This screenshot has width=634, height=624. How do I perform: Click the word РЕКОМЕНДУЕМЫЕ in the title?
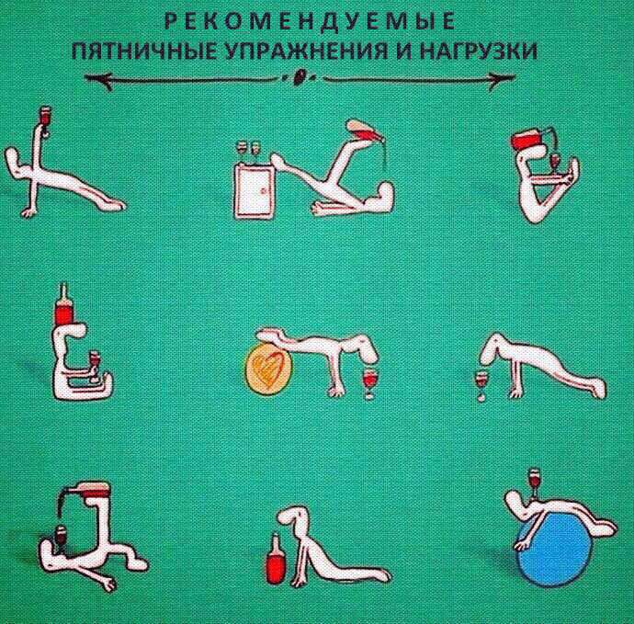click(x=311, y=21)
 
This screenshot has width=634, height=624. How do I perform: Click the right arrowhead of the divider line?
click(x=501, y=79)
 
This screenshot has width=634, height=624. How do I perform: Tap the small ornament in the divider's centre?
click(x=300, y=77)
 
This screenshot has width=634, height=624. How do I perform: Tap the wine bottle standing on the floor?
click(x=275, y=559)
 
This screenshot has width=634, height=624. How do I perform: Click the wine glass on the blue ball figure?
click(x=535, y=484)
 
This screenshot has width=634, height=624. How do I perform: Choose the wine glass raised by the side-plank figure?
click(x=45, y=120)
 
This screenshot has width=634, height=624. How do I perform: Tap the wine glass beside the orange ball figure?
click(x=368, y=383)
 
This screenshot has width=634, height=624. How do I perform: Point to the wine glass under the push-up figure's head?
click(x=481, y=383)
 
